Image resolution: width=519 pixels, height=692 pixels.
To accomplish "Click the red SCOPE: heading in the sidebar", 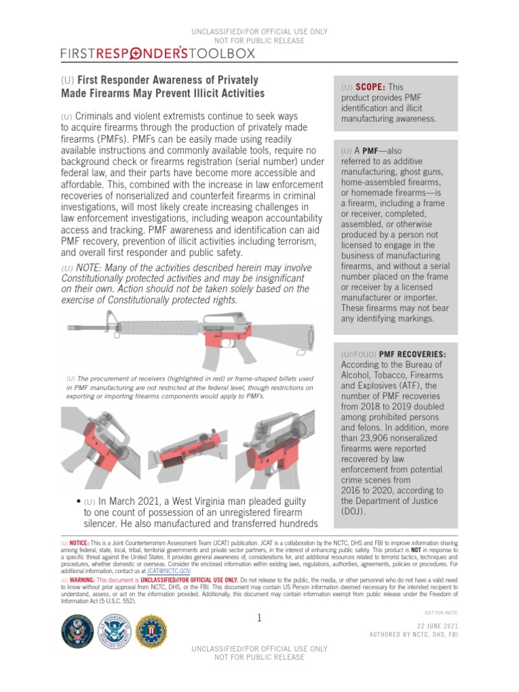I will coord(370,87).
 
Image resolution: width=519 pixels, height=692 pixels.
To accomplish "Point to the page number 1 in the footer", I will coord(259,618).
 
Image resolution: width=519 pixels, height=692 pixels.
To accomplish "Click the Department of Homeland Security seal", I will coord(116,631).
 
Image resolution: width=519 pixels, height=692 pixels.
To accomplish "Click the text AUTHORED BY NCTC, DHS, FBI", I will coord(413,636).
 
